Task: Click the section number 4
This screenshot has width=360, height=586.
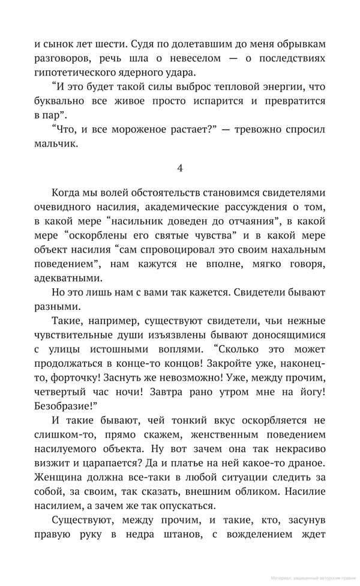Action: click(180, 168)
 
